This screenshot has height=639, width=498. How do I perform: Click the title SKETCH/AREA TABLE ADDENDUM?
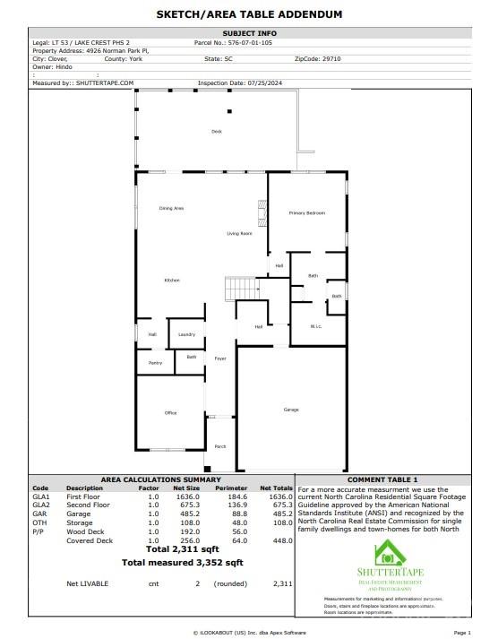pyautogui.click(x=249, y=14)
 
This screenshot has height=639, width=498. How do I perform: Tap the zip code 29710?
pyautogui.click(x=331, y=58)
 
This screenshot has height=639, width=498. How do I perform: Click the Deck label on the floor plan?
pyautogui.click(x=216, y=132)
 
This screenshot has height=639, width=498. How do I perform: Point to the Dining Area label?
pyautogui.click(x=171, y=209)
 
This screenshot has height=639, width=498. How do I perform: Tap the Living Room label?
pyautogui.click(x=239, y=234)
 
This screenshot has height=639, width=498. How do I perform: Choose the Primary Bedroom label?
pyautogui.click(x=306, y=212)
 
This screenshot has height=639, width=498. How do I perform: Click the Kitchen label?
pyautogui.click(x=172, y=281)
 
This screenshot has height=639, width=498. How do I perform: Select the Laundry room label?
pyautogui.click(x=186, y=334)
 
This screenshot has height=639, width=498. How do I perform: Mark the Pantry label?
pyautogui.click(x=155, y=363)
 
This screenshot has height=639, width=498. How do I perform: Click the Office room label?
pyautogui.click(x=170, y=413)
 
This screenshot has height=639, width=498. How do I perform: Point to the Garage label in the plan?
pyautogui.click(x=291, y=410)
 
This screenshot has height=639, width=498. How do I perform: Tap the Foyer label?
pyautogui.click(x=220, y=358)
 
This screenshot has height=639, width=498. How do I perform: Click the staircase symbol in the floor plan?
pyautogui.click(x=240, y=289)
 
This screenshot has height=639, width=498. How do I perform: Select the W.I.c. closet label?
pyautogui.click(x=316, y=325)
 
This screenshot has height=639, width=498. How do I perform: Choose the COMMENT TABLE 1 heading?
pyautogui.click(x=382, y=479)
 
